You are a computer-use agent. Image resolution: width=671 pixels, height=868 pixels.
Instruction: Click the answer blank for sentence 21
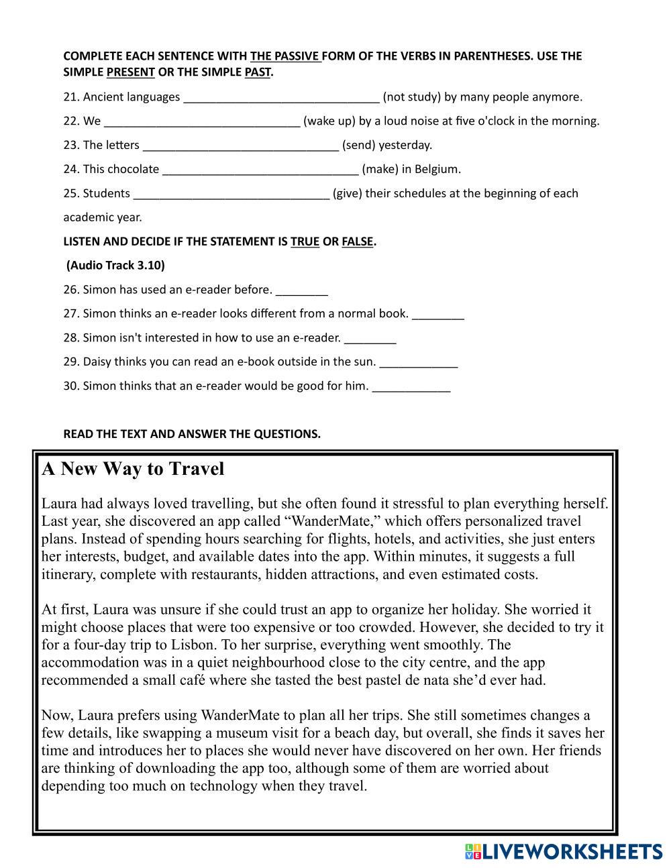pyautogui.click(x=281, y=98)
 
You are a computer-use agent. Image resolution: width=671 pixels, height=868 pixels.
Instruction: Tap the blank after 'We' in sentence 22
pyautogui.click(x=202, y=122)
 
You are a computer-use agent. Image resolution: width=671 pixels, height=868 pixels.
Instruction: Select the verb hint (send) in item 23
pyautogui.click(x=358, y=146)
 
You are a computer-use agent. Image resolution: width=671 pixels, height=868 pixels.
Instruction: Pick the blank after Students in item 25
pyautogui.click(x=231, y=194)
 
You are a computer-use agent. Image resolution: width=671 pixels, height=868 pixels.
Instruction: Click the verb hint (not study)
pyautogui.click(x=411, y=97)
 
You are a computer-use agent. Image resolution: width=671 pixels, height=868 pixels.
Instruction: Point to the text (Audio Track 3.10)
pyautogui.click(x=115, y=266)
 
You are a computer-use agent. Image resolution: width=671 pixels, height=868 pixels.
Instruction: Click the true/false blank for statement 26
pyautogui.click(x=302, y=290)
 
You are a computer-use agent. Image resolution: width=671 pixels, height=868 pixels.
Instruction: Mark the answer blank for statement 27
pyautogui.click(x=438, y=315)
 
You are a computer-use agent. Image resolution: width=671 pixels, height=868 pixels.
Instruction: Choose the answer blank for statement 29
pyautogui.click(x=419, y=363)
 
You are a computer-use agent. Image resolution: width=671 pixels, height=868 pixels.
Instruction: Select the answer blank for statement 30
pyautogui.click(x=411, y=387)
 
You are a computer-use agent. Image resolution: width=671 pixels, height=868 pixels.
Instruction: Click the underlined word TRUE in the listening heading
pyautogui.click(x=305, y=242)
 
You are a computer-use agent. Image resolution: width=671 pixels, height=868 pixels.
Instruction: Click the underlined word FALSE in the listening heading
pyautogui.click(x=357, y=242)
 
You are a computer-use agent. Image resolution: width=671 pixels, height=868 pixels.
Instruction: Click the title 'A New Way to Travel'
pyautogui.click(x=133, y=469)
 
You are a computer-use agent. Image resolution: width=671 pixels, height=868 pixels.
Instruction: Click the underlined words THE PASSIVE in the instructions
pyautogui.click(x=285, y=56)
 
